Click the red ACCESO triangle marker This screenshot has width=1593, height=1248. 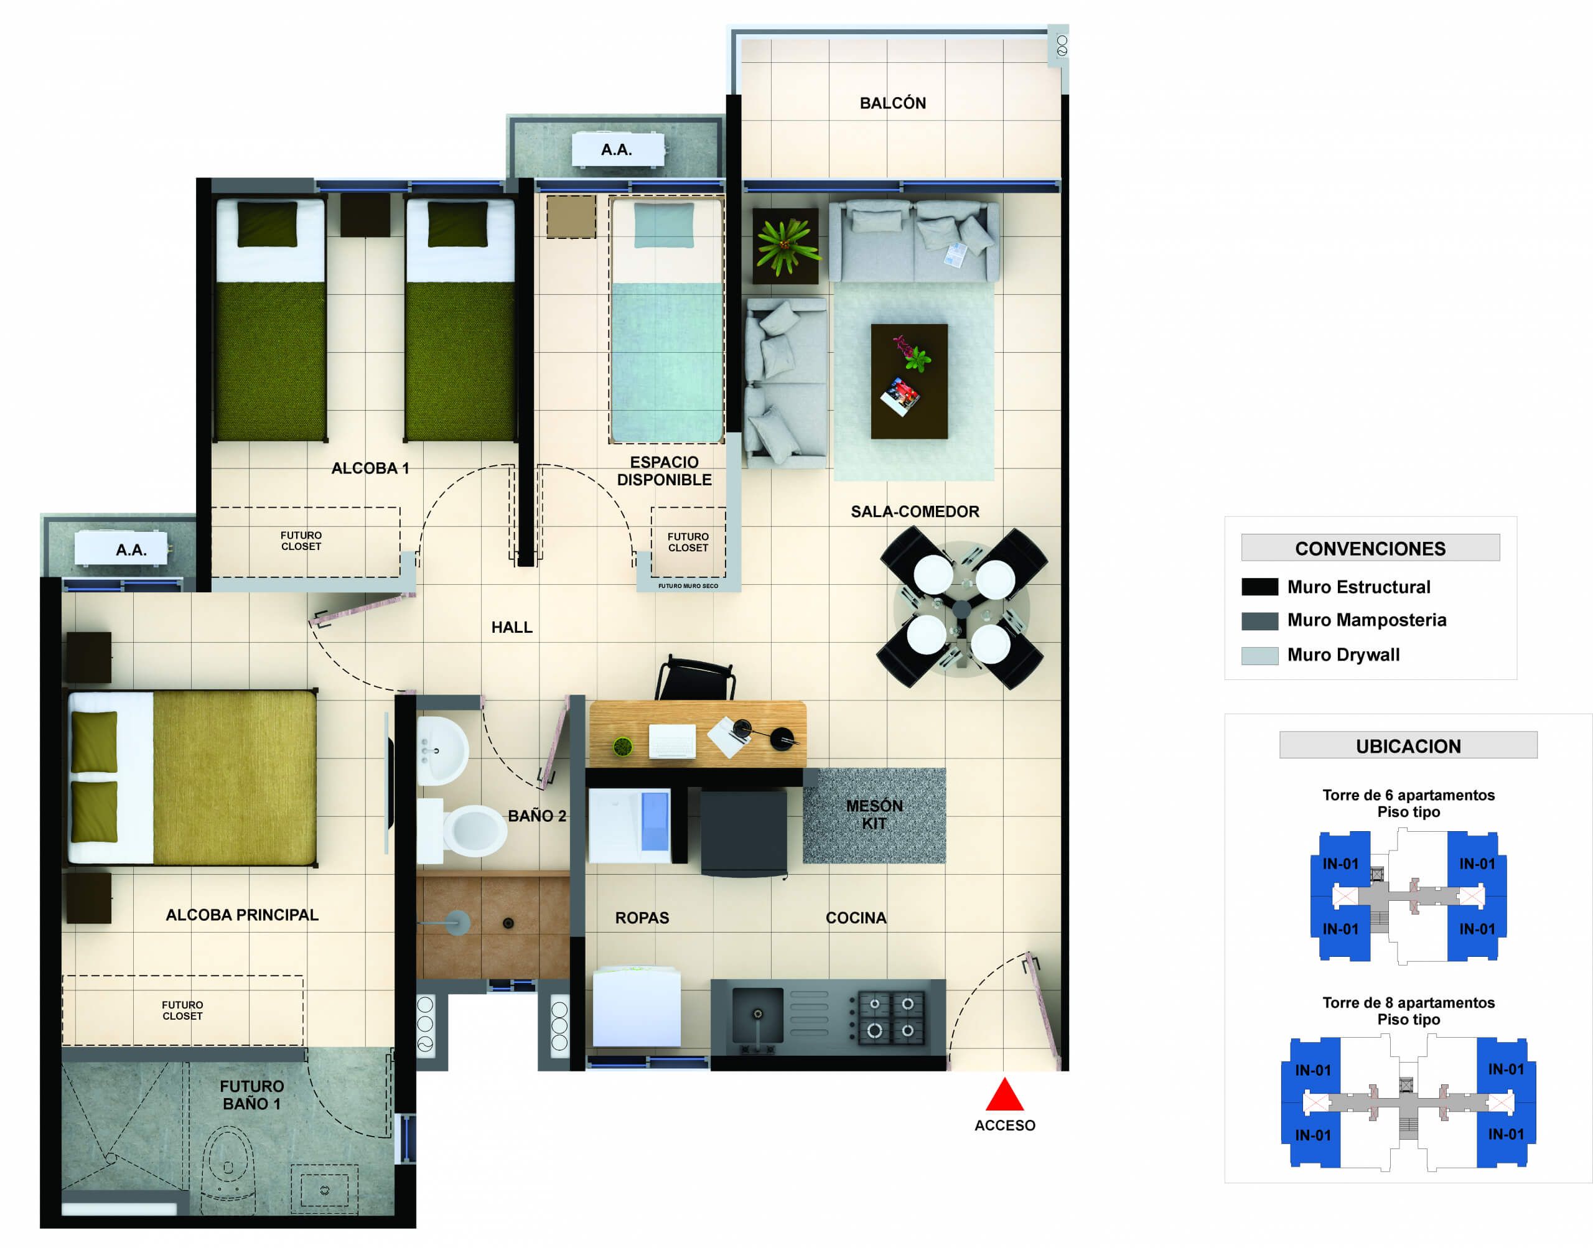click(1004, 1096)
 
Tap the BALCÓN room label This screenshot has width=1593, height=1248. click(892, 103)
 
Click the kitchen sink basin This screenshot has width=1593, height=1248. click(757, 1014)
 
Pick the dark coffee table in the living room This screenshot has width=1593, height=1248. click(909, 381)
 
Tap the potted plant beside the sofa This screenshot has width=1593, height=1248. click(785, 246)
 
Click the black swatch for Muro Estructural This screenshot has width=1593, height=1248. click(1259, 587)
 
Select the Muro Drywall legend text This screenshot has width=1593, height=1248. click(1343, 654)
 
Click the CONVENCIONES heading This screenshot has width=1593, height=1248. click(1370, 549)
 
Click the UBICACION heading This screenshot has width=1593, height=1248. click(1408, 746)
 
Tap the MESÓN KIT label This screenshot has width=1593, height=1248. click(874, 814)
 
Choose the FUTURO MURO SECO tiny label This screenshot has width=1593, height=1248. click(688, 586)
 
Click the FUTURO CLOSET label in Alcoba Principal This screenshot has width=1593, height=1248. click(182, 1010)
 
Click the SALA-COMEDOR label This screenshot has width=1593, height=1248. click(914, 511)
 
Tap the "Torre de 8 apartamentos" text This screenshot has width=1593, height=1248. click(1408, 1002)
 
